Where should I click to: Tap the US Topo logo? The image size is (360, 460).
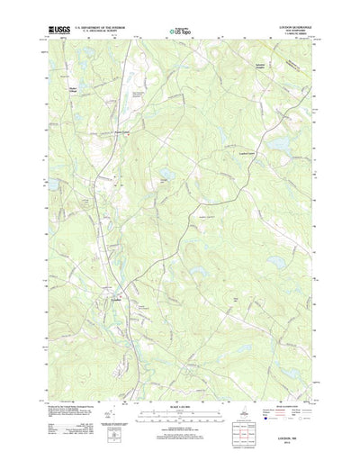click(179, 32)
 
